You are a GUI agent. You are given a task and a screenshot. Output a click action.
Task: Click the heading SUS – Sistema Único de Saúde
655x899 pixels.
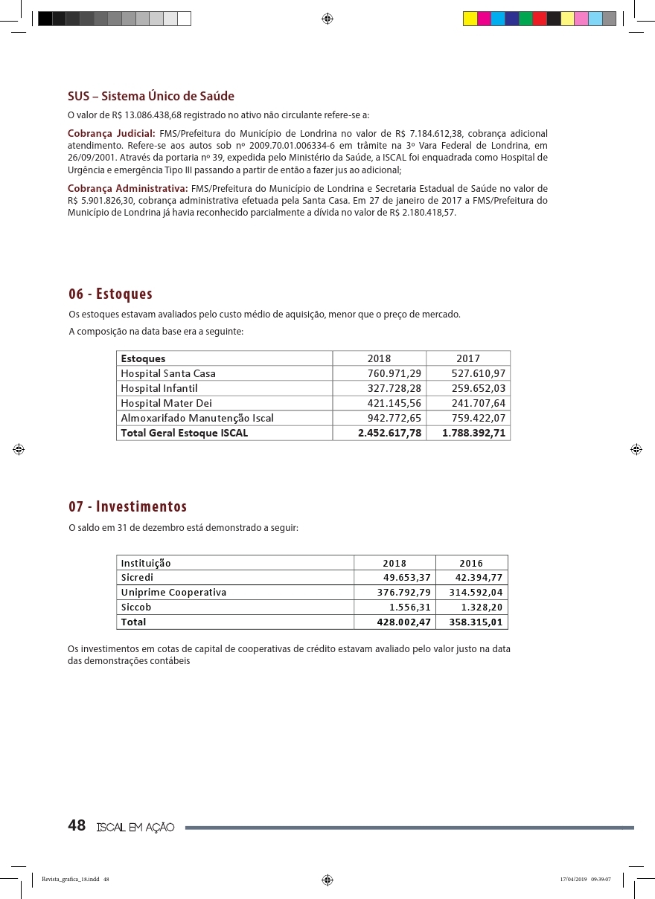151,97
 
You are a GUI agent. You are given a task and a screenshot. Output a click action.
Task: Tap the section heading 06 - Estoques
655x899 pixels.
110,294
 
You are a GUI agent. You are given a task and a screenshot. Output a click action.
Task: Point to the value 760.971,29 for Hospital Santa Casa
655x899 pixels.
394,373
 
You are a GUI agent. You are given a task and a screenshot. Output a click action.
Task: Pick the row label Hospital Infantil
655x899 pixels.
159,388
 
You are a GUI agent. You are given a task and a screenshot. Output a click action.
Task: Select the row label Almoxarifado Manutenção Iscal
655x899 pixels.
197,418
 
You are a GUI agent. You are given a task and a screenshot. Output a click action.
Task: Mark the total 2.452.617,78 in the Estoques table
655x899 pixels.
389,433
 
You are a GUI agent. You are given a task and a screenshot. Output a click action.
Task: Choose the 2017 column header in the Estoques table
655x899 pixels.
468,358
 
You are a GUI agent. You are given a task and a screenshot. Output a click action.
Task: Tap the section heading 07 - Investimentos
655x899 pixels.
127,507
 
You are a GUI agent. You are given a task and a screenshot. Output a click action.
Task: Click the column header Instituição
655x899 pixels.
146,563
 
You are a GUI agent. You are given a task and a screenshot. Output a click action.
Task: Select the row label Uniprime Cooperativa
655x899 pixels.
173,593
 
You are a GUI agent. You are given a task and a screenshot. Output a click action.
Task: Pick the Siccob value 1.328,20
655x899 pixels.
482,608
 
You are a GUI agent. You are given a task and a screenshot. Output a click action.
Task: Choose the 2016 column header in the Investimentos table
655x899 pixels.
471,563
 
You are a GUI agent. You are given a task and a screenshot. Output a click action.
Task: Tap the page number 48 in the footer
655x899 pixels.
77,826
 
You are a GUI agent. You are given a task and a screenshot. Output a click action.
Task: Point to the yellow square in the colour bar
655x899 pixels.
470,19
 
